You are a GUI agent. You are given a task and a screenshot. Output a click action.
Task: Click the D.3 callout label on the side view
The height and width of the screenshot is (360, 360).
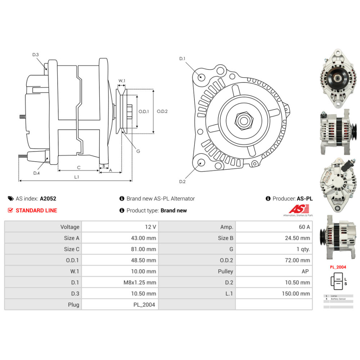click(x=35, y=55)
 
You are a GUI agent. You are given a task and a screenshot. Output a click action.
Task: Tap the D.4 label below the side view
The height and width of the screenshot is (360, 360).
click(x=36, y=173)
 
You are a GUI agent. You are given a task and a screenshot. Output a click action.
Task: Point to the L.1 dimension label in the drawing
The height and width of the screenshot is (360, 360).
click(x=76, y=177)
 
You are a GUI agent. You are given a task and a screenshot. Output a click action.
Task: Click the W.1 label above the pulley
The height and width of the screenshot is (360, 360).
click(x=122, y=81)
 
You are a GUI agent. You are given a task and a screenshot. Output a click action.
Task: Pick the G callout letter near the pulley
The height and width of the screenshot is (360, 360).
click(x=138, y=151)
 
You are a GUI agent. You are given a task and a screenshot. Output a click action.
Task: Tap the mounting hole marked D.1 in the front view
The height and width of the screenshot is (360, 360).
click(x=202, y=77)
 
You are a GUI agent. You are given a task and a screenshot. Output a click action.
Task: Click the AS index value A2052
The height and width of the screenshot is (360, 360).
click(x=48, y=198)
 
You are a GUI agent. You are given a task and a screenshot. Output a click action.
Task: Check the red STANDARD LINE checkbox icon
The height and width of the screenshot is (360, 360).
click(x=10, y=210)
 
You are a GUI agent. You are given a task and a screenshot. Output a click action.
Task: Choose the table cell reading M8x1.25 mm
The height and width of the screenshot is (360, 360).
click(x=140, y=283)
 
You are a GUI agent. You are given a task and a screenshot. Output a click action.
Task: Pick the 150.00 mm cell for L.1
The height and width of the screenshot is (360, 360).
click(x=296, y=293)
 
